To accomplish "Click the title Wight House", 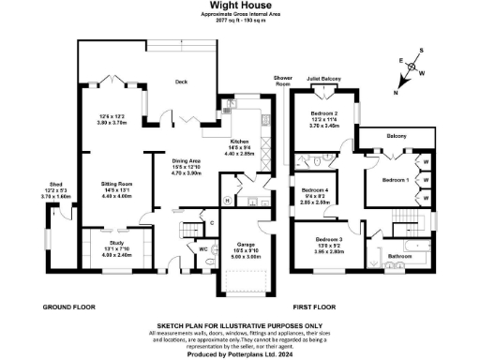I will click(239, 5).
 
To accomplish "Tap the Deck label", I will click(182, 82).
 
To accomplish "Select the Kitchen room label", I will click(240, 140).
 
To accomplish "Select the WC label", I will click(203, 248).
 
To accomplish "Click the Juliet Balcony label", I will click(333, 81).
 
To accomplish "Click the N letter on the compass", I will click(395, 92).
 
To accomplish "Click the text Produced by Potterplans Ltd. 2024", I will click(239, 353).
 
